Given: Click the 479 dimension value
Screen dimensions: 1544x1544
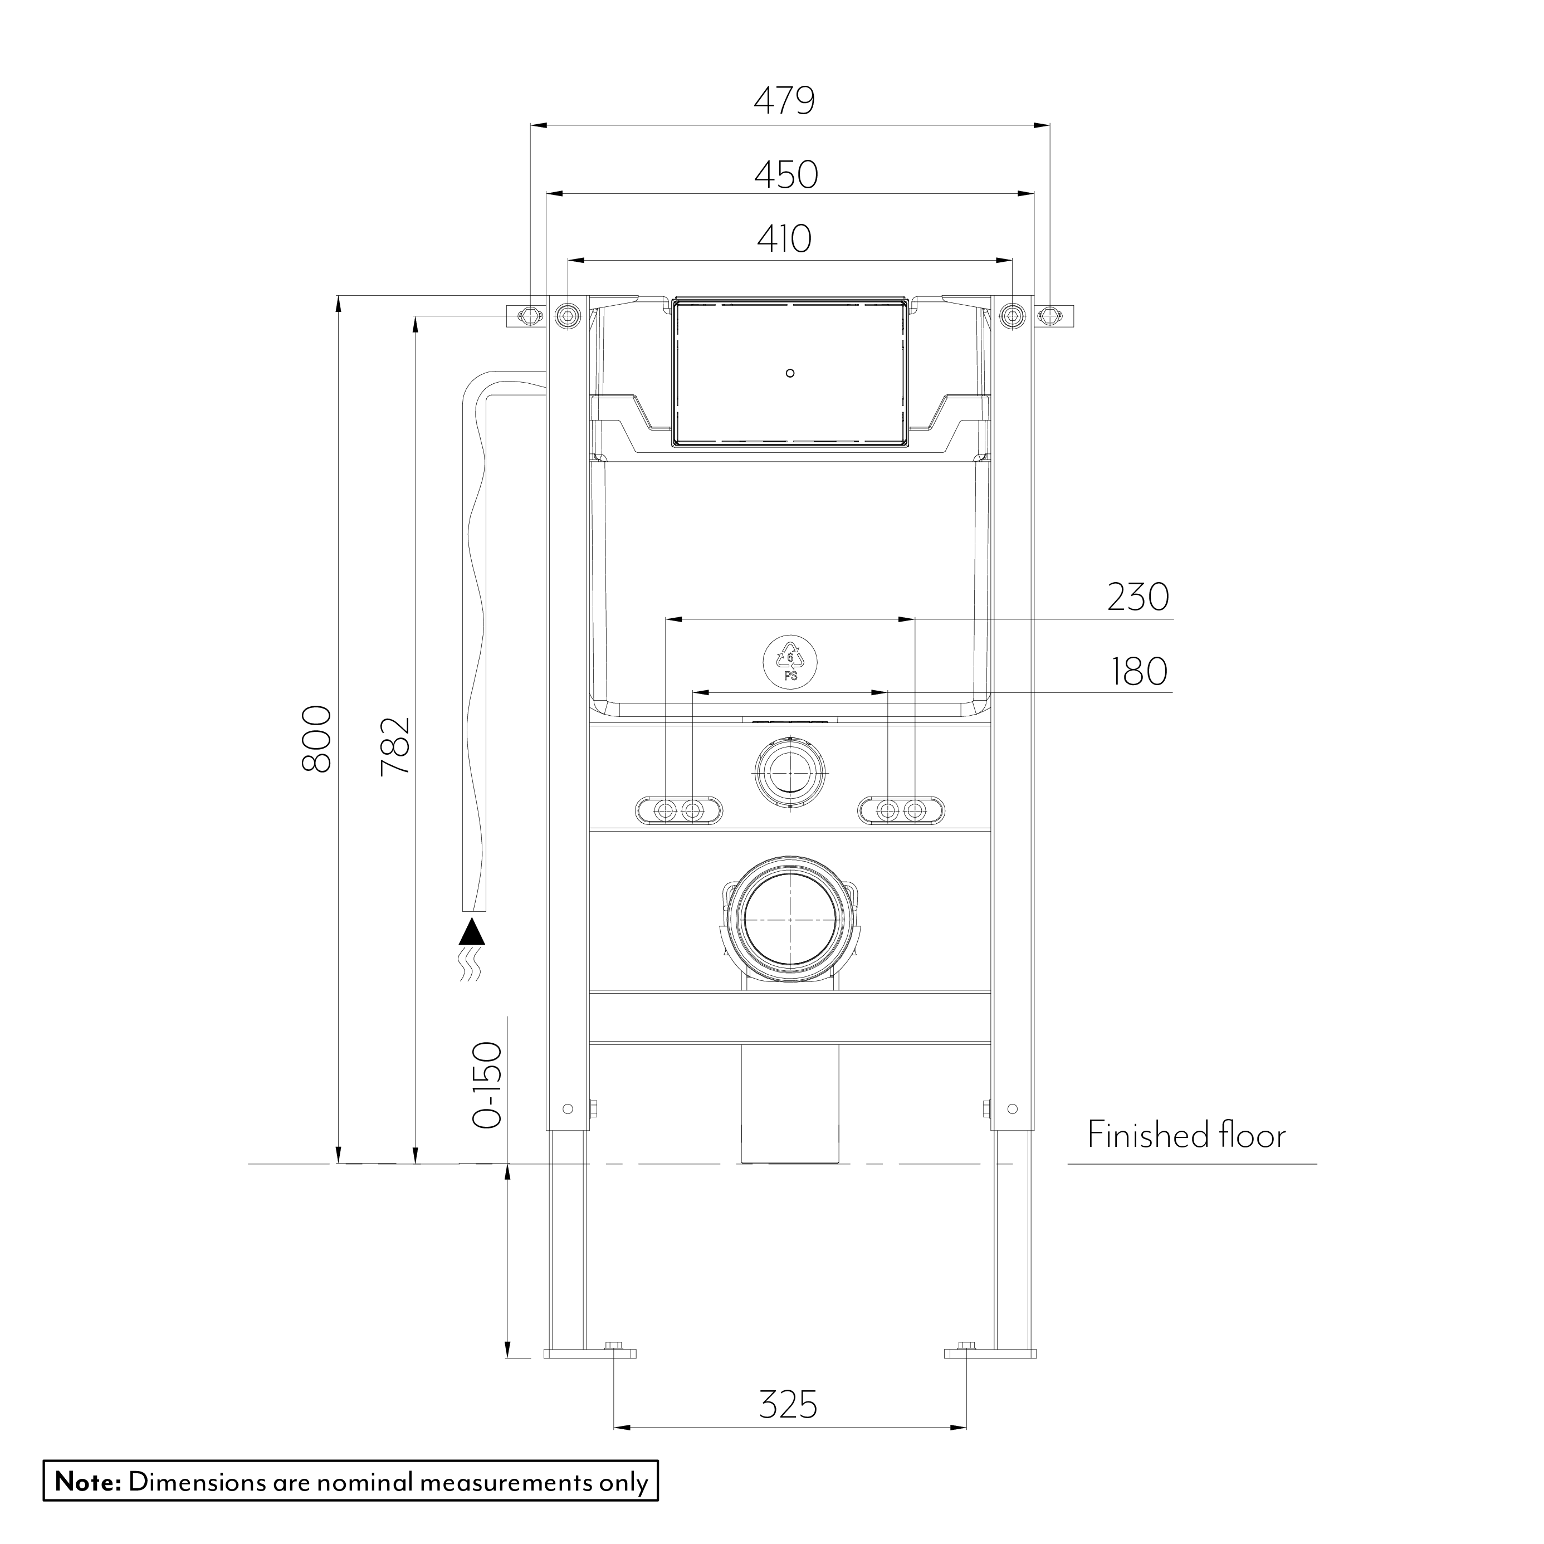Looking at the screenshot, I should pyautogui.click(x=784, y=101).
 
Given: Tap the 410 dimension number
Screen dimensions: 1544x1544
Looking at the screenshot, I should pyautogui.click(x=784, y=239).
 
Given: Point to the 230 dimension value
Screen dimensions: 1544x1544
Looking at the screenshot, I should pyautogui.click(x=1137, y=598).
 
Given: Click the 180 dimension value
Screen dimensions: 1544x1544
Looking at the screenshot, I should pyautogui.click(x=1139, y=672).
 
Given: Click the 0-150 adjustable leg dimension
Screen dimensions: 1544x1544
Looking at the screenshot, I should pyautogui.click(x=487, y=1085).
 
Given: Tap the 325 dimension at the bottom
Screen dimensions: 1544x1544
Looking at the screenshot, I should pyautogui.click(x=788, y=1404).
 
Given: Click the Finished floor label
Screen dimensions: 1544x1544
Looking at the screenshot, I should pyautogui.click(x=1186, y=1136).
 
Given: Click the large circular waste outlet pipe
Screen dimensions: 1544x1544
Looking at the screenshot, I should pyautogui.click(x=790, y=919).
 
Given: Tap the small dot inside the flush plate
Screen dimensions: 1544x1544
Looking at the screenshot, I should pyautogui.click(x=790, y=373).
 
